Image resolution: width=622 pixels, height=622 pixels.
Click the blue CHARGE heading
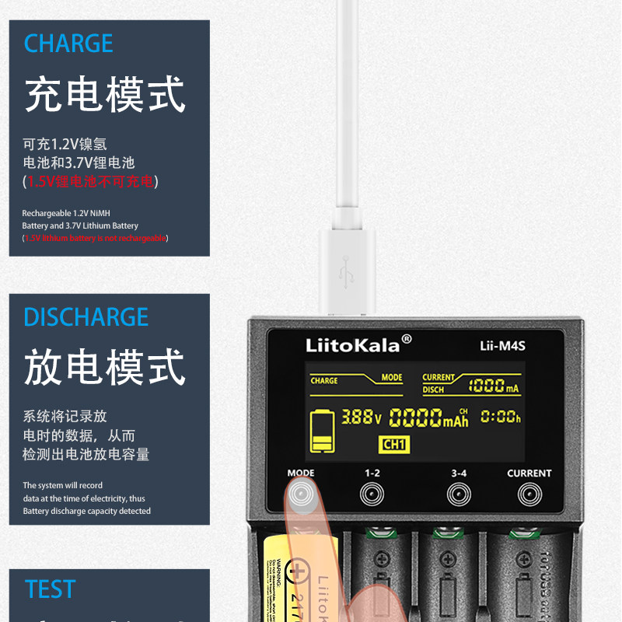(x=68, y=44)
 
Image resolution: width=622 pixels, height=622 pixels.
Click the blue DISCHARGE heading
(x=86, y=317)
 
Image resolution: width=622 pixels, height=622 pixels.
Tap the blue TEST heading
(x=51, y=589)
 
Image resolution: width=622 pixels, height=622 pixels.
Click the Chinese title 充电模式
(x=105, y=94)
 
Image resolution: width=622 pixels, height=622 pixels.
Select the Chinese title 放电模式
(x=105, y=368)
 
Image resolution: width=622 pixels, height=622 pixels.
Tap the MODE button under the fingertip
(x=300, y=493)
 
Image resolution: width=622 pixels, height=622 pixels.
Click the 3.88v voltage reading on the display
(x=361, y=418)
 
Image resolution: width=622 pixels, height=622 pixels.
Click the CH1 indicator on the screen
(x=393, y=445)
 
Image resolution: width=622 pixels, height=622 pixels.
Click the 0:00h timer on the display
(x=500, y=418)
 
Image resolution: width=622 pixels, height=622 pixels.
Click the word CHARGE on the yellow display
(x=324, y=381)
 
